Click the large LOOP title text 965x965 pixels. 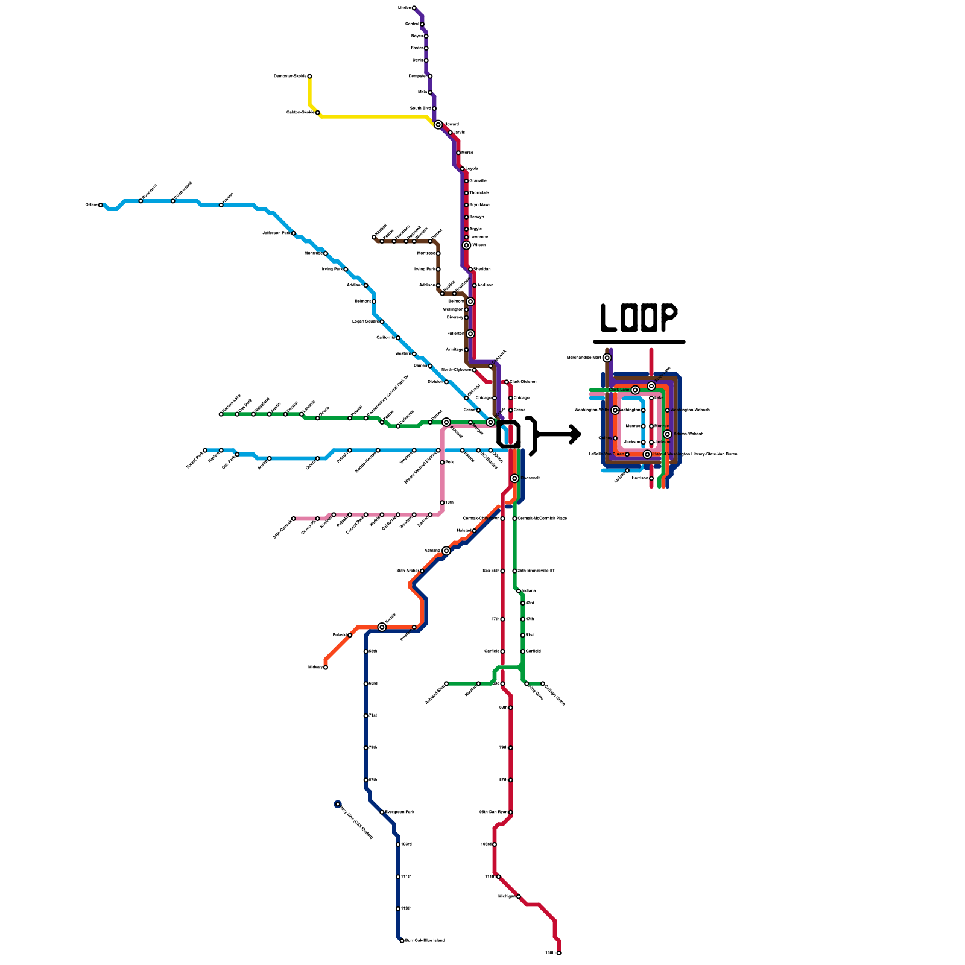pos(639,317)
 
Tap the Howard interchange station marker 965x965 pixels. pos(438,125)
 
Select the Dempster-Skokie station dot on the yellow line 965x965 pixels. pos(309,77)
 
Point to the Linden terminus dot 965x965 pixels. pos(414,8)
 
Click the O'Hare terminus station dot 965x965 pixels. pos(101,205)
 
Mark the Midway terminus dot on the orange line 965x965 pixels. pos(326,667)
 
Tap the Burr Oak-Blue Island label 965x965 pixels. pos(425,940)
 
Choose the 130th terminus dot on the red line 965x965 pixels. pos(559,953)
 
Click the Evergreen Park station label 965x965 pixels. pos(399,812)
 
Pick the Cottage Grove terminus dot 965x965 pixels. pos(543,683)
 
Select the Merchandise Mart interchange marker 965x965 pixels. pos(607,358)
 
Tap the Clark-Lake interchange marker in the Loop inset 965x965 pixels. pos(635,390)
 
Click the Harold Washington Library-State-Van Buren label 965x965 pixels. pos(695,454)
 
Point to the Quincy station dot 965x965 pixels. pos(615,438)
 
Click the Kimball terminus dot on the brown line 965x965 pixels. pos(374,237)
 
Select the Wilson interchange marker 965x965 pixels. pos(466,245)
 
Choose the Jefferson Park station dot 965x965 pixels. pos(294,233)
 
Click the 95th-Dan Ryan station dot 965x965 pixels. pos(511,812)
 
